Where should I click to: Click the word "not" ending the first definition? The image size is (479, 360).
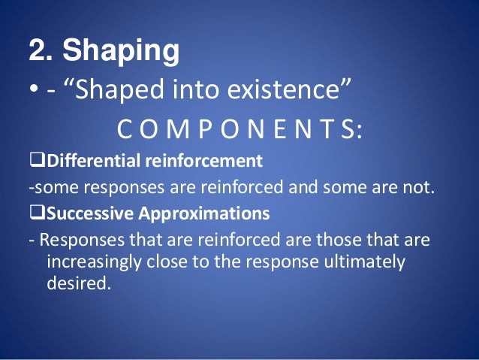[420, 187]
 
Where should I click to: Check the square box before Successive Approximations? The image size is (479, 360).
[35, 214]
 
